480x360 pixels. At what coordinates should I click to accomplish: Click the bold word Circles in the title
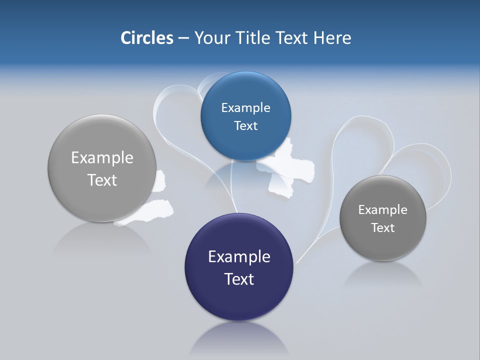147,37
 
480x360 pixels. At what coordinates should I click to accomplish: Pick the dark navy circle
239,295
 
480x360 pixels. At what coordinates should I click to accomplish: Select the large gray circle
102,200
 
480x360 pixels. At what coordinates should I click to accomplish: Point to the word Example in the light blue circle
245,107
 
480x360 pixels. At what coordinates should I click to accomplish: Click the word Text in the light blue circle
245,125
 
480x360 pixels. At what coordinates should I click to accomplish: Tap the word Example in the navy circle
239,256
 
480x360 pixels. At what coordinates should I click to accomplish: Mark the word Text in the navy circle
239,278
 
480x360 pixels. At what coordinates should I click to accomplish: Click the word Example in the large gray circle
102,157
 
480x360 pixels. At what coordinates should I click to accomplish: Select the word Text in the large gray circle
102,179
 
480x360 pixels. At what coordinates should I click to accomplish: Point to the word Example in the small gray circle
383,209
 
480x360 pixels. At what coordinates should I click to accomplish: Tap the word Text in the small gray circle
383,227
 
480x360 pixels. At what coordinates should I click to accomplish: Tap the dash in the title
183,37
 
